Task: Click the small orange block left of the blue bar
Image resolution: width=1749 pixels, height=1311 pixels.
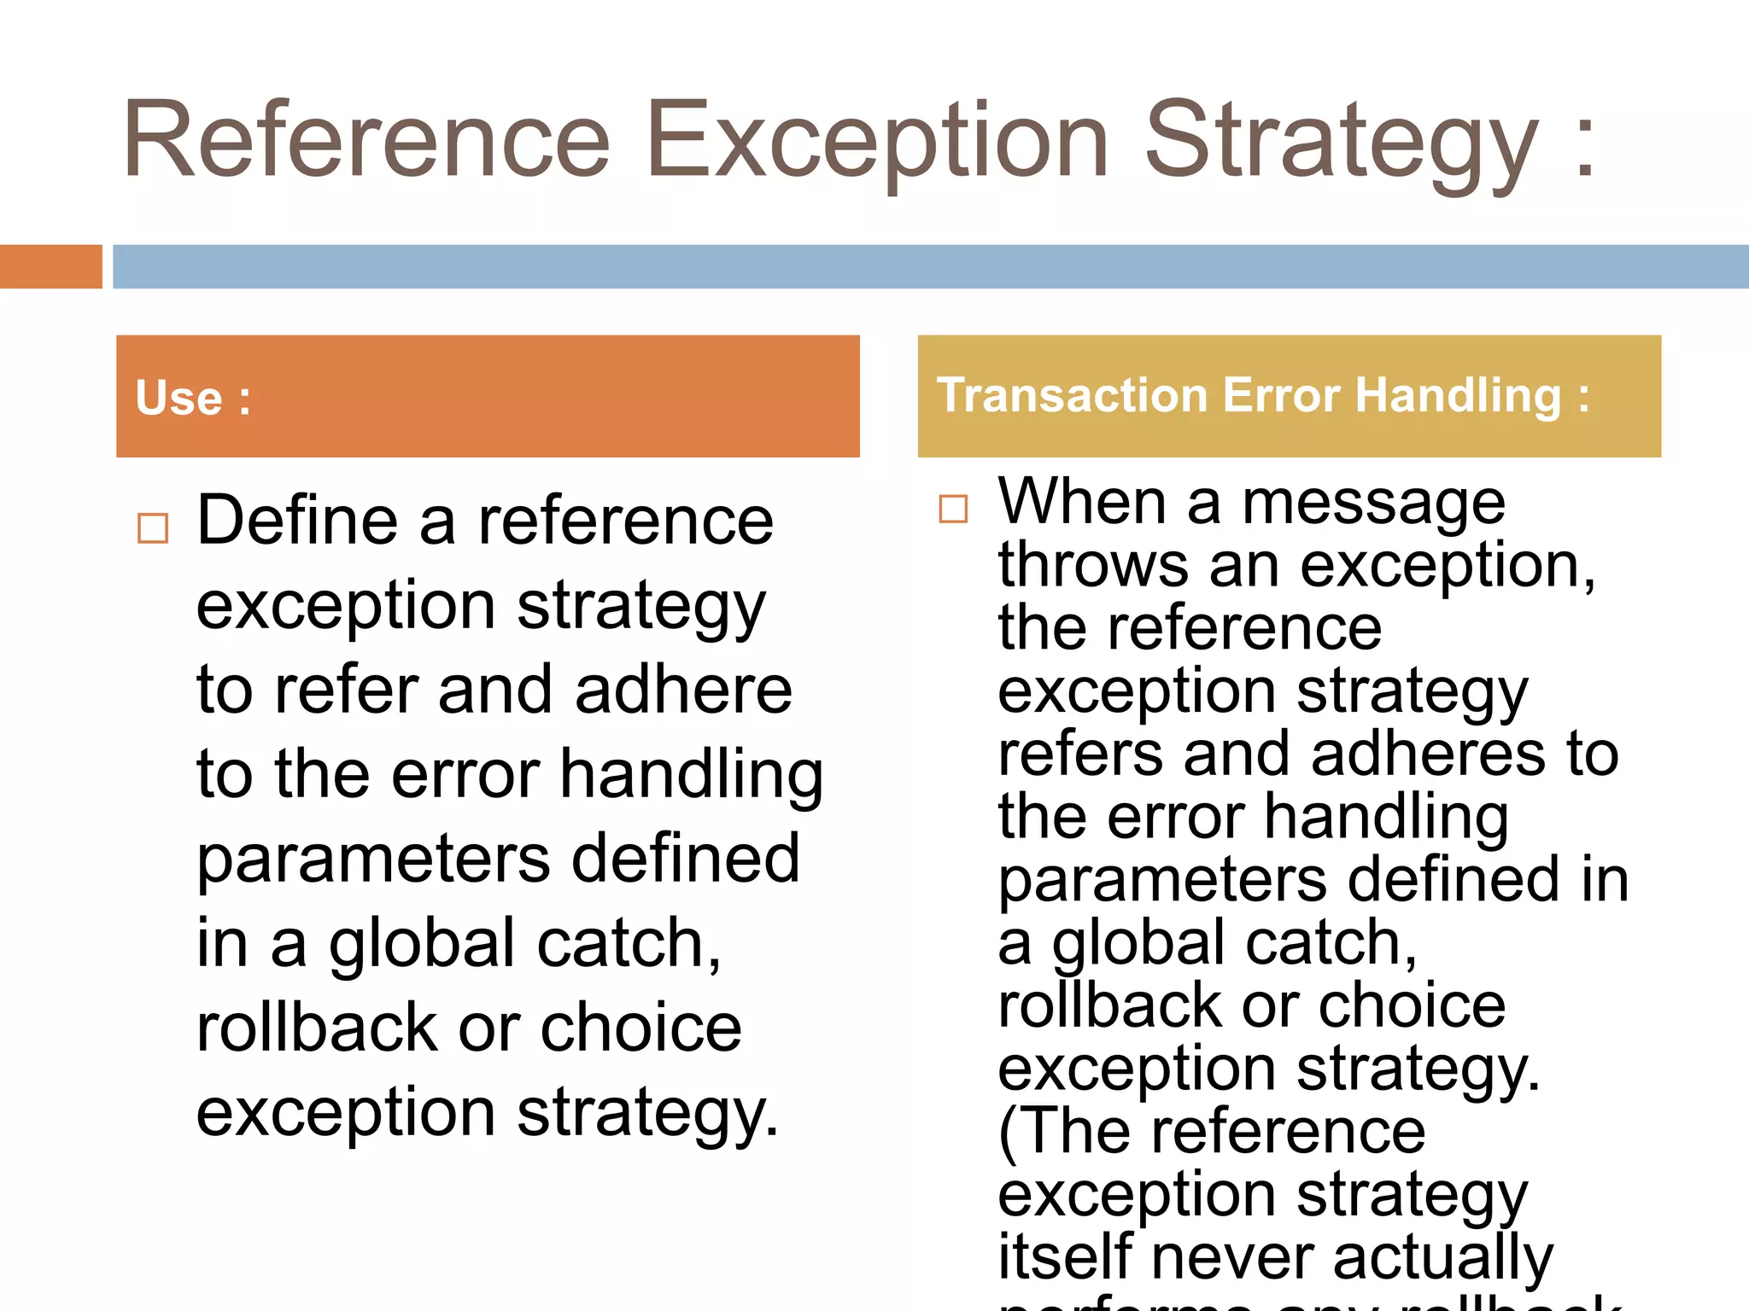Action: (x=50, y=266)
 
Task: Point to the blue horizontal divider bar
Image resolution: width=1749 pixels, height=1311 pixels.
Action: (x=930, y=266)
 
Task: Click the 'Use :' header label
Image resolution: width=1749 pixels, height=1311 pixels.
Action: (x=193, y=399)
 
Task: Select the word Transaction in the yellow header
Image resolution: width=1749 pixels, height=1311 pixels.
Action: (x=1072, y=396)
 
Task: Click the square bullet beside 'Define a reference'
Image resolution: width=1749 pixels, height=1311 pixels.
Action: (x=153, y=528)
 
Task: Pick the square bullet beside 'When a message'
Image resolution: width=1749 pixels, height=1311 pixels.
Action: (x=953, y=509)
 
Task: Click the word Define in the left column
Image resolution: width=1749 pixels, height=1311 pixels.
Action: (x=297, y=521)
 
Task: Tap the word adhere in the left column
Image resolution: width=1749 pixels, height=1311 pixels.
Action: (x=683, y=690)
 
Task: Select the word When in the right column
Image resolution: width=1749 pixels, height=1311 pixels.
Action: (x=1082, y=502)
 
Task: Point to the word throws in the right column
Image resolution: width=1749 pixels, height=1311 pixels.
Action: (x=1093, y=565)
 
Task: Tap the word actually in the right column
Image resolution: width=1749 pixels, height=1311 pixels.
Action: (x=1442, y=1258)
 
